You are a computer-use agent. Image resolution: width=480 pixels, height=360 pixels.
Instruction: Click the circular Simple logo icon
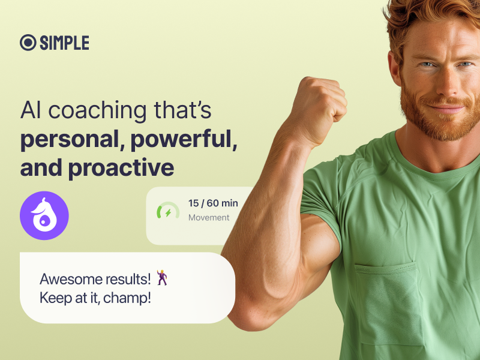point(28,43)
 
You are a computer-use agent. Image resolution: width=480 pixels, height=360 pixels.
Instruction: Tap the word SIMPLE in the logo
point(65,43)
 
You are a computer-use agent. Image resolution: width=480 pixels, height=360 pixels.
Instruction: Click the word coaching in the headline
point(98,111)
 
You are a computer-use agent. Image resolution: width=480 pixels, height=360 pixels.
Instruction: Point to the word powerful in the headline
point(184,140)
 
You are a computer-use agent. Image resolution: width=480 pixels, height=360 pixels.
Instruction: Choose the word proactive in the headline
point(121,168)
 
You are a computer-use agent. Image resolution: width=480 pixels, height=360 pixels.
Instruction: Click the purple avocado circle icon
point(44,215)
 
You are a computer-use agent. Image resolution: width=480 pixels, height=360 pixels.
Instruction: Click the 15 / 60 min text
point(213,203)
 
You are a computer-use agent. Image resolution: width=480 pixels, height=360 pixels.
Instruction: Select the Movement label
point(209,218)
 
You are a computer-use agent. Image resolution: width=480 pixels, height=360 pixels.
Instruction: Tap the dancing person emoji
point(162,277)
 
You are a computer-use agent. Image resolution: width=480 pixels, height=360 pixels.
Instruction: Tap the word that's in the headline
point(182,110)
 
